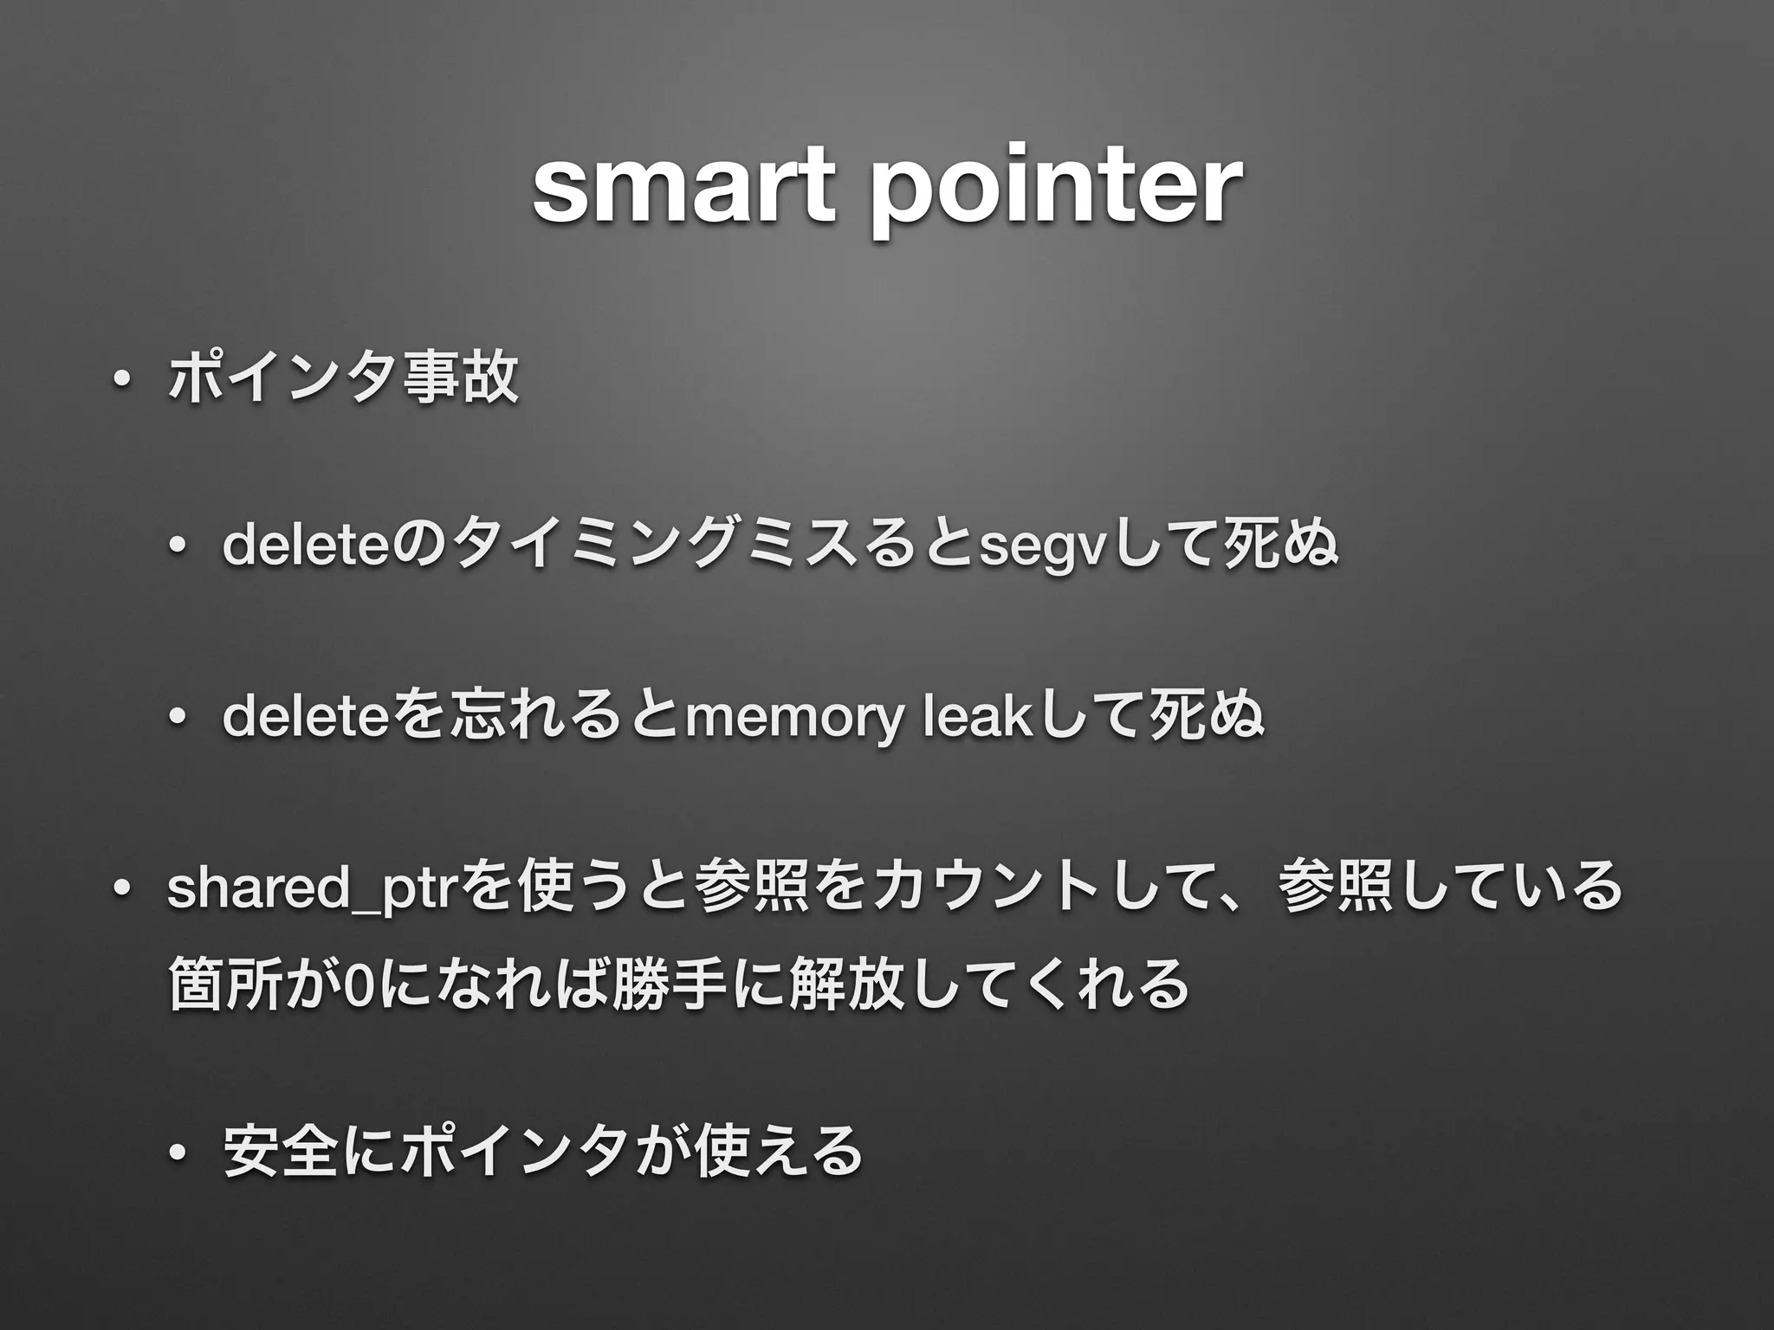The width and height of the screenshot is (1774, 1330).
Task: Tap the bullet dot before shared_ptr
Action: (124, 888)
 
